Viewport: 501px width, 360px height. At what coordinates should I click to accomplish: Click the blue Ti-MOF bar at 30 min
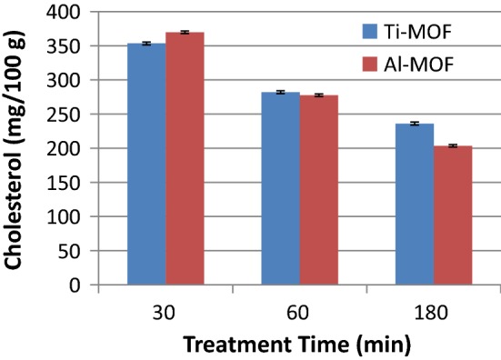tap(146, 164)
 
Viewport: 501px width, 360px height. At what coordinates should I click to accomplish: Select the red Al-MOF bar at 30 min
tap(185, 158)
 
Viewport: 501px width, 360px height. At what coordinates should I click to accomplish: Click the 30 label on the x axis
tap(165, 312)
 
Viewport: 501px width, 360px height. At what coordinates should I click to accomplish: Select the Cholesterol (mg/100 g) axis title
tap(15, 148)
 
